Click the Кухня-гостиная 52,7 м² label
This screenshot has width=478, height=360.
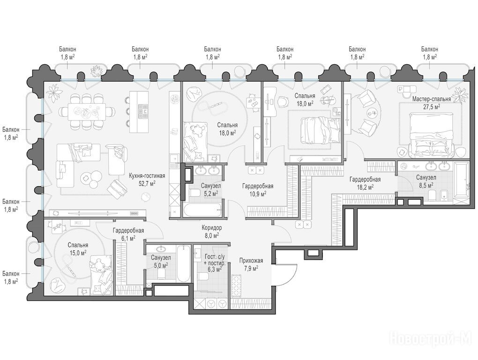[x=147, y=179]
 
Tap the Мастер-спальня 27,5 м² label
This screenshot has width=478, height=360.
[x=431, y=103]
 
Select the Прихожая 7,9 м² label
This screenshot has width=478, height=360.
[x=251, y=264]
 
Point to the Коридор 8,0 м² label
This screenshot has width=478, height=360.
[x=211, y=232]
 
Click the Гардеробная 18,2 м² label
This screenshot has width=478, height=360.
[x=365, y=183]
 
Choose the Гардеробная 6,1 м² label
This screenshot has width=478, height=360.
[x=128, y=234]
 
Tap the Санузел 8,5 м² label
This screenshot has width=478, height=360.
[x=426, y=181]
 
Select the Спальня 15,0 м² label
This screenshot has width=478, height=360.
[x=78, y=249]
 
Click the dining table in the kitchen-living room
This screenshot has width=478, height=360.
[x=87, y=112]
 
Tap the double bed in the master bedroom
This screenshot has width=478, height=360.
[x=431, y=135]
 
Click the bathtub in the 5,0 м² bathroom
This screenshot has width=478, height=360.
[x=183, y=263]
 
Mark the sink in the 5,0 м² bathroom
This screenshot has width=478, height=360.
[x=161, y=248]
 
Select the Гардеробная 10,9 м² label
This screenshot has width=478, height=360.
[x=258, y=189]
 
